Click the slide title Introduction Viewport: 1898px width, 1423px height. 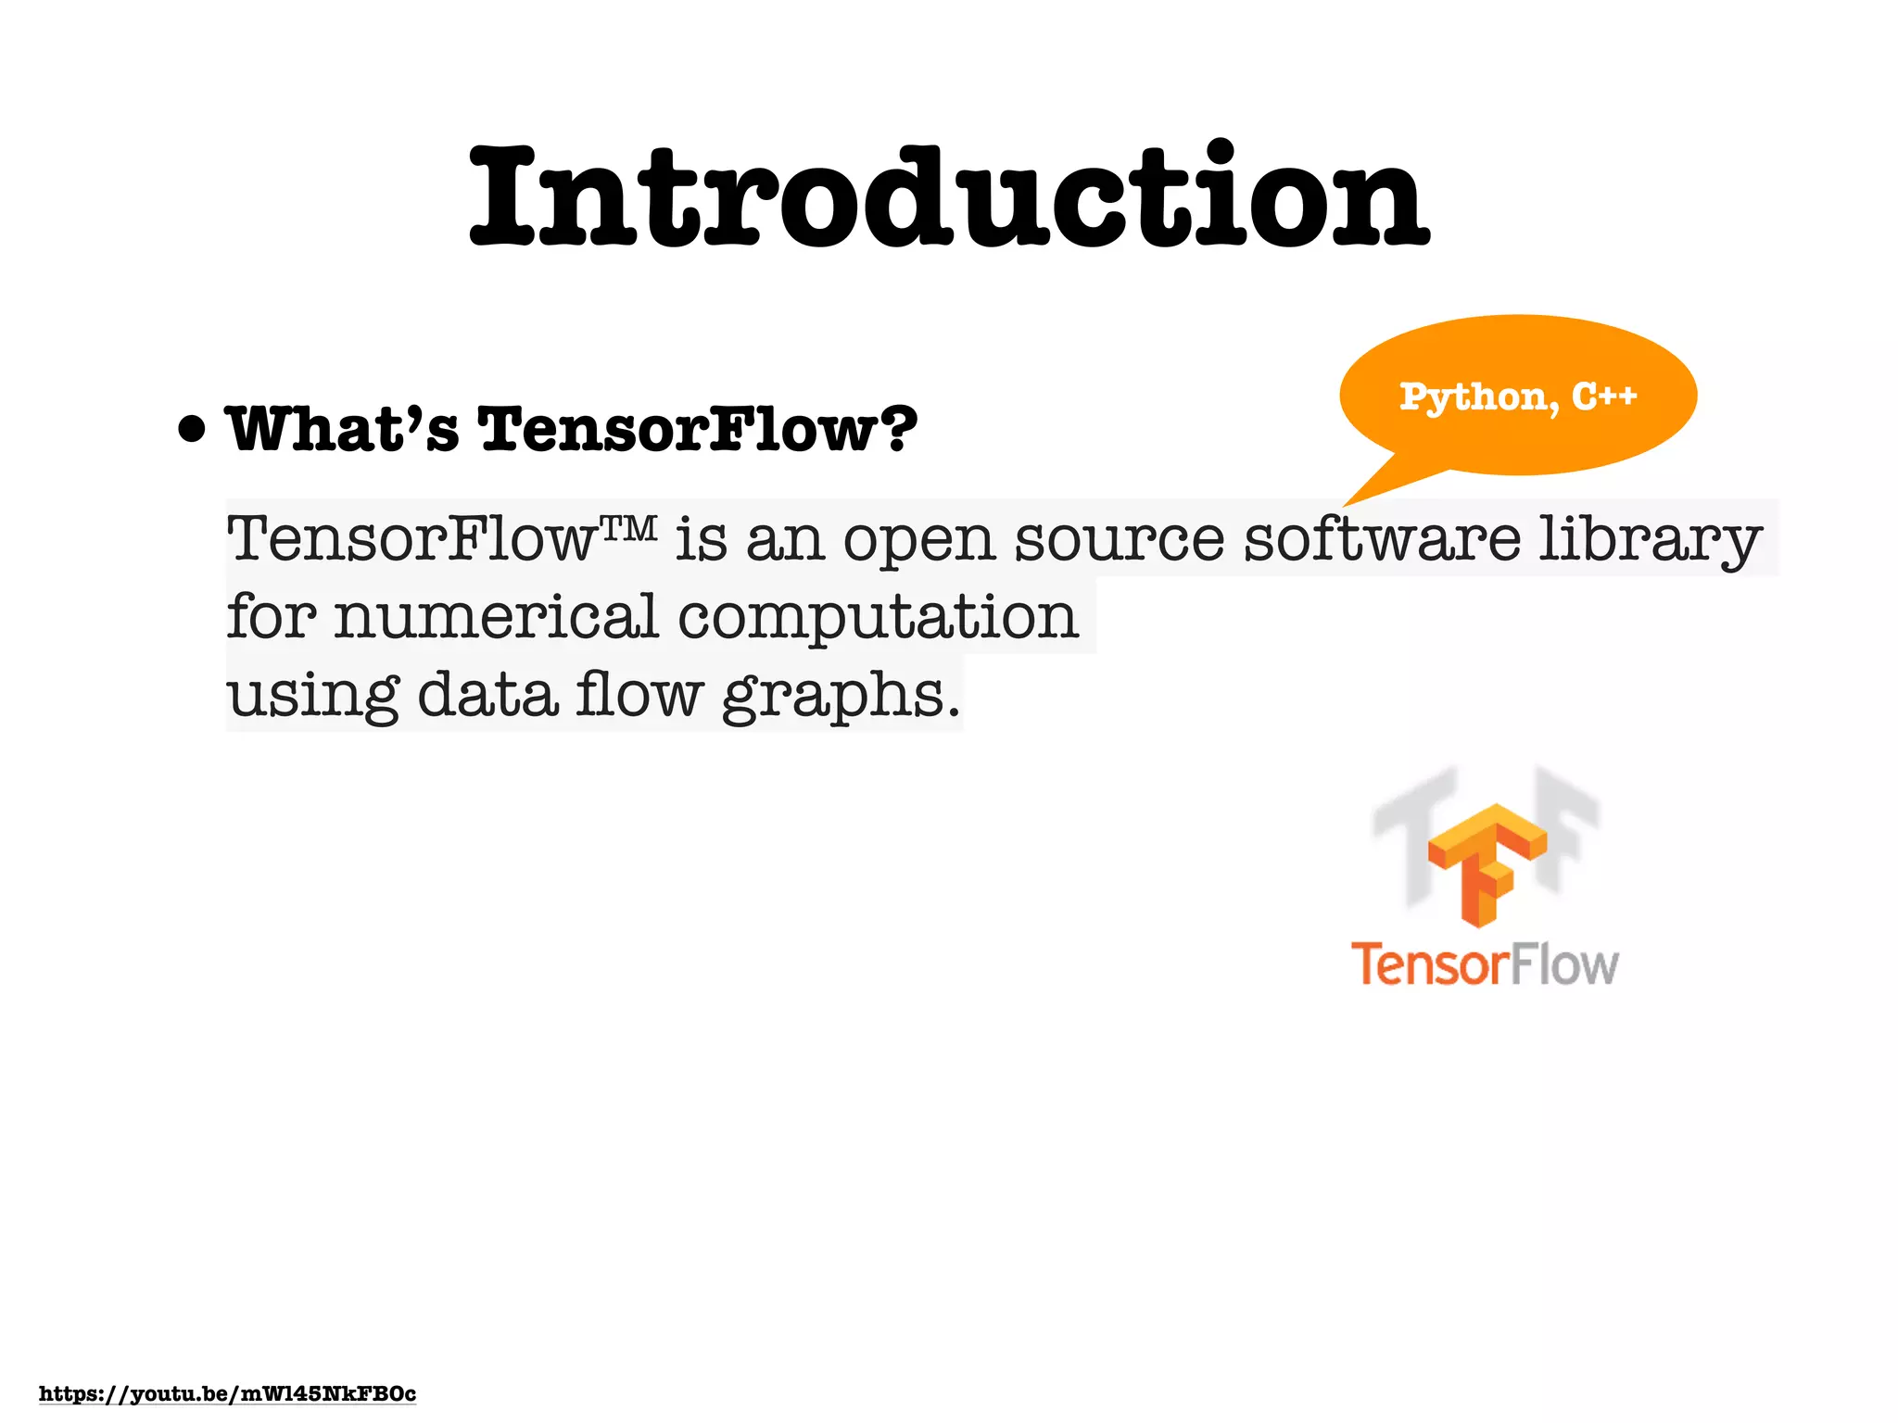click(949, 196)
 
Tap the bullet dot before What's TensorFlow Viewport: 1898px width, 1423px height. click(192, 430)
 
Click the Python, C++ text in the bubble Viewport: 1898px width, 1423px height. click(1518, 397)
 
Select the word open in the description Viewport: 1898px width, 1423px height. click(918, 540)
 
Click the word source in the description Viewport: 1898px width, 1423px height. click(1120, 540)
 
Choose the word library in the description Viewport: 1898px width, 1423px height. click(1650, 540)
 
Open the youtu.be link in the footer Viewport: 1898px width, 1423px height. click(227, 1394)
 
